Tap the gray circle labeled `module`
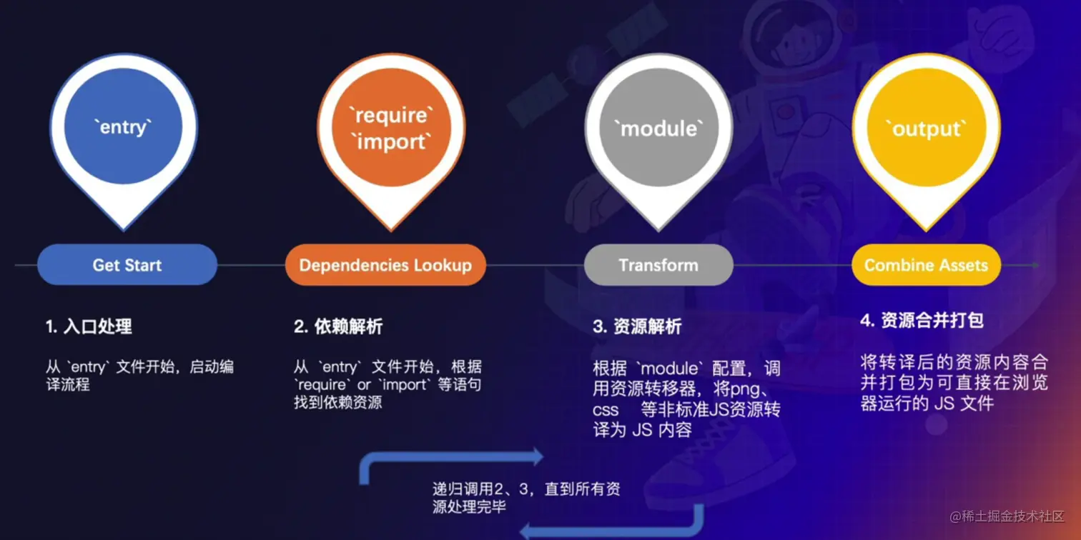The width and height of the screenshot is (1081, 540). [x=658, y=129]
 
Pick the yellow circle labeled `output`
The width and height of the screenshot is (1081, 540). [x=926, y=129]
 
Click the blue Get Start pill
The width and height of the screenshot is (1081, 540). [x=127, y=265]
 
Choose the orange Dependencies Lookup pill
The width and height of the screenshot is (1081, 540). [x=385, y=265]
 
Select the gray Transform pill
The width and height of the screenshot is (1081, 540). [x=658, y=265]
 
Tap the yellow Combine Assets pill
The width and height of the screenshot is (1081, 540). [x=926, y=265]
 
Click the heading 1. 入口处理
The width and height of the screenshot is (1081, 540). [x=89, y=327]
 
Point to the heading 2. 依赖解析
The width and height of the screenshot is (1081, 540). [x=338, y=327]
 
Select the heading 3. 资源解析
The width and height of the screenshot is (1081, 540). [x=637, y=327]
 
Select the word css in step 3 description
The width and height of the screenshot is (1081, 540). [x=606, y=411]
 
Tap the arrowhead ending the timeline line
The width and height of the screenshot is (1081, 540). [x=1035, y=265]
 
